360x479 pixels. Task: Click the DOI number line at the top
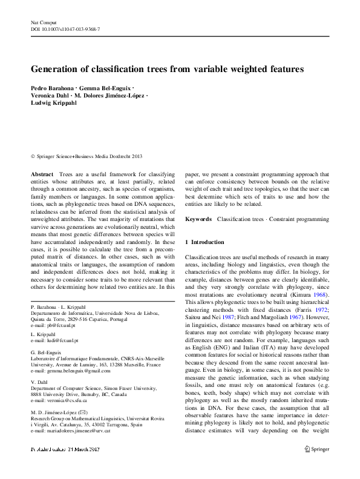click(x=65, y=29)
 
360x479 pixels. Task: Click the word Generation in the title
click(x=58, y=70)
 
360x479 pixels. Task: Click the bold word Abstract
click(x=42, y=174)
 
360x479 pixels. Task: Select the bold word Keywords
click(x=198, y=219)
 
